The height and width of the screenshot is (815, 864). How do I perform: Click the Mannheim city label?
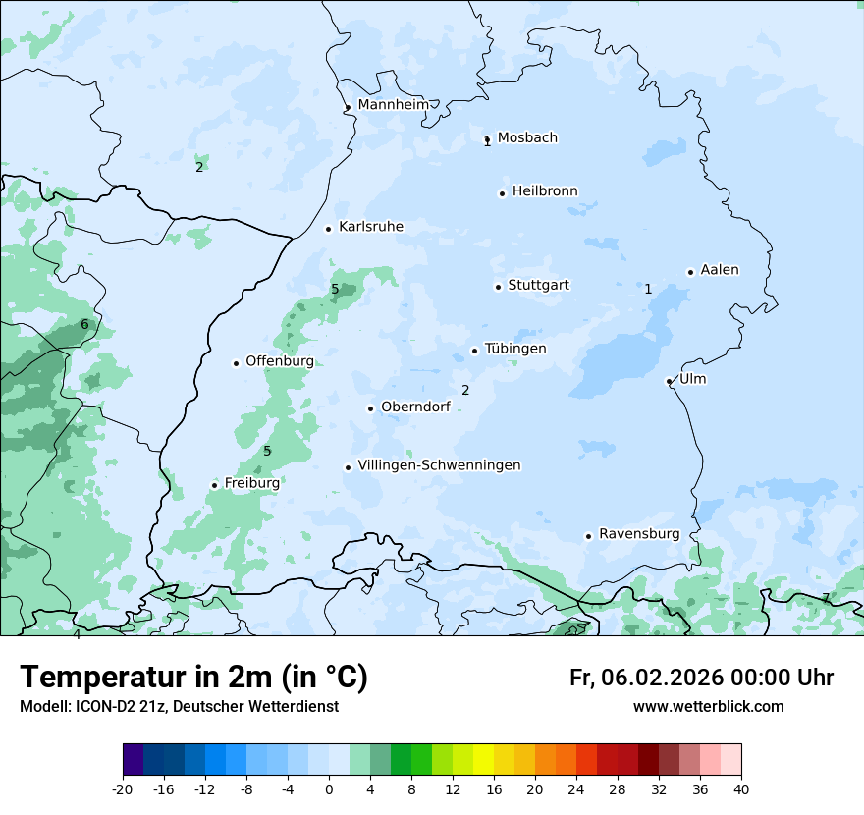point(393,105)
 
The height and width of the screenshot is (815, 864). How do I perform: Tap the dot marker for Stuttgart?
point(498,287)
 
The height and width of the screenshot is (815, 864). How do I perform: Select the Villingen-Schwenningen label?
point(439,465)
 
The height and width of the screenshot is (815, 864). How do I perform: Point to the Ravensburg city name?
point(639,534)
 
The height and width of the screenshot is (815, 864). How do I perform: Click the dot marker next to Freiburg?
point(214,485)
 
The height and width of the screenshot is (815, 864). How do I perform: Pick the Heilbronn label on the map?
point(545,191)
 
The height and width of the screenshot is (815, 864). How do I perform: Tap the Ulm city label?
point(692,379)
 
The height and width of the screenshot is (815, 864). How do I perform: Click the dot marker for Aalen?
point(690,272)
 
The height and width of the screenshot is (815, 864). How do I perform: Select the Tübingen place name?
point(515,349)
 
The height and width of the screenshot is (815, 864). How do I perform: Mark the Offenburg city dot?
point(236,363)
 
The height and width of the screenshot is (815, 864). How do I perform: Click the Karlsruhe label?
point(370,227)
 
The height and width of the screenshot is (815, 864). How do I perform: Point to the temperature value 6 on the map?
point(84,325)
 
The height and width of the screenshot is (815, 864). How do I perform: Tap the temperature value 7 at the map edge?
point(826,598)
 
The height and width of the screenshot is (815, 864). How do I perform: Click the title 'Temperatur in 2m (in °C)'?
point(193,678)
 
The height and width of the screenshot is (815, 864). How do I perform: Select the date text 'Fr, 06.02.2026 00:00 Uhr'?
point(701,678)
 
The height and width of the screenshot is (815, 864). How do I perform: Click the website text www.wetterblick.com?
point(708,707)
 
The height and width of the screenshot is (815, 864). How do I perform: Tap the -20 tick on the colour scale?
point(123,789)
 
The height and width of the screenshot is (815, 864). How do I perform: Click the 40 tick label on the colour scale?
point(741,789)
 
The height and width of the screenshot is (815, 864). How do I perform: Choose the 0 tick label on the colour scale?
point(329,789)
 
